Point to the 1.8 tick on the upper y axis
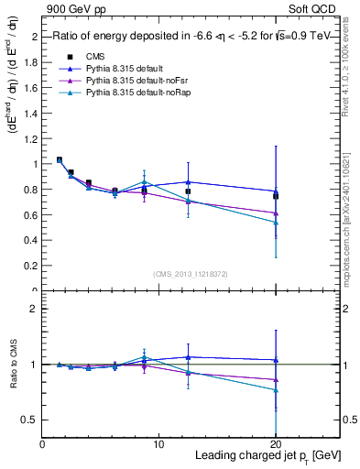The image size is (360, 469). click(x=32, y=62)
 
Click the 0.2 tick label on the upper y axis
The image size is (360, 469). click(x=32, y=266)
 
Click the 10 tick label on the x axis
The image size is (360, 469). click(x=158, y=444)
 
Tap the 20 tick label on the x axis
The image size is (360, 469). click(x=276, y=444)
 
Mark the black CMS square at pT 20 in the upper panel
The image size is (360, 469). click(x=276, y=196)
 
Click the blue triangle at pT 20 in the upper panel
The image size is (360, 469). click(x=276, y=191)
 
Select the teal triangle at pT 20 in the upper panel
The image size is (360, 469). click(x=276, y=223)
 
